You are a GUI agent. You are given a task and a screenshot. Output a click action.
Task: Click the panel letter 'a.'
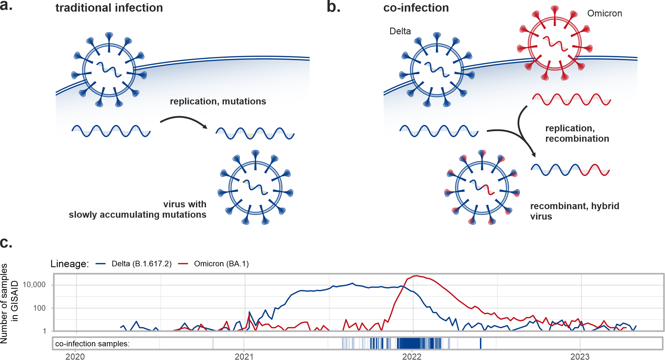tap(6, 6)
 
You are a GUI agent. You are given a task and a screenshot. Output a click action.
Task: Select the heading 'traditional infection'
tap(109, 8)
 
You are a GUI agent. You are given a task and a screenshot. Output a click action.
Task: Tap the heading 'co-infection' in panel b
tap(416, 8)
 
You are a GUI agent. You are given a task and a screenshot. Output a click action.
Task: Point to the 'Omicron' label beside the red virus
tap(604, 14)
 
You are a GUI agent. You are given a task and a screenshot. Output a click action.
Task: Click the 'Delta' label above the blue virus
tap(400, 31)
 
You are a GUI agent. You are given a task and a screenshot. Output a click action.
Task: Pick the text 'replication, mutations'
tap(218, 101)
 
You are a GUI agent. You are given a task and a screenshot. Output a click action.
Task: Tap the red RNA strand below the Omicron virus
tap(571, 99)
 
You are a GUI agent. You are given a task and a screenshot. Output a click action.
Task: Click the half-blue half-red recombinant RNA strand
tap(570, 170)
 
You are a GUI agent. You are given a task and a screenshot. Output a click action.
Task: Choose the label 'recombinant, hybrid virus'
tap(574, 211)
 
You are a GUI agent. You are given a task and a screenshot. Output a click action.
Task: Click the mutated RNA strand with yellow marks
tap(255, 133)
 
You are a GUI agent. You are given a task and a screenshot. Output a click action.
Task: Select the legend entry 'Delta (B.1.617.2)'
tap(141, 264)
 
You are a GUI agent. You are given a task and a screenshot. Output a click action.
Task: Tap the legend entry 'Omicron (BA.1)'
tap(221, 264)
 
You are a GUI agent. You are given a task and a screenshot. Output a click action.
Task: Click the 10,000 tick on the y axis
tap(34, 285)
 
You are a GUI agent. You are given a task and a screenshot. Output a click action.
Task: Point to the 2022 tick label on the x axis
tap(412, 357)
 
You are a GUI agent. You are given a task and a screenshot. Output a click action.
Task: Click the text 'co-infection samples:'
tap(92, 344)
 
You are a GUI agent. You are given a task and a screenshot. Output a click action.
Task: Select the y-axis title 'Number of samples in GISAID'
tap(9, 303)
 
